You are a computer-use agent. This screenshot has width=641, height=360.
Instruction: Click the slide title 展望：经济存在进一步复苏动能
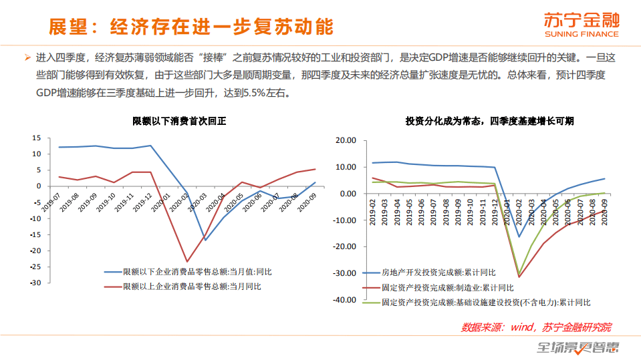pos(191,26)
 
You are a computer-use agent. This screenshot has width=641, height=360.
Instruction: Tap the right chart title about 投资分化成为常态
pos(489,121)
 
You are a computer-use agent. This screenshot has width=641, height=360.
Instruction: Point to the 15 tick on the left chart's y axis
pos(37,138)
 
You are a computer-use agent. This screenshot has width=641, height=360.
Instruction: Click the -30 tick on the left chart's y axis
pos(35,283)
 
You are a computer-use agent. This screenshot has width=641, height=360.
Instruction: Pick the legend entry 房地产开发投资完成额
pos(438,273)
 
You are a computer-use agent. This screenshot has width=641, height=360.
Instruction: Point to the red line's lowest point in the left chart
pos(186,261)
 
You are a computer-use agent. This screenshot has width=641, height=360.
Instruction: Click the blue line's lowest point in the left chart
pos(205,240)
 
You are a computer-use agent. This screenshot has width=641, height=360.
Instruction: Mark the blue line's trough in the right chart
pos(519,236)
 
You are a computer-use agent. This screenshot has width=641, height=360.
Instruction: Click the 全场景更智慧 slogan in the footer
pos(579,347)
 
